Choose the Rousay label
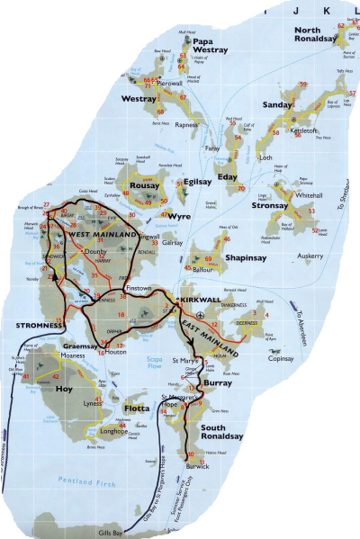[x=146, y=186]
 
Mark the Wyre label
[x=184, y=216]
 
